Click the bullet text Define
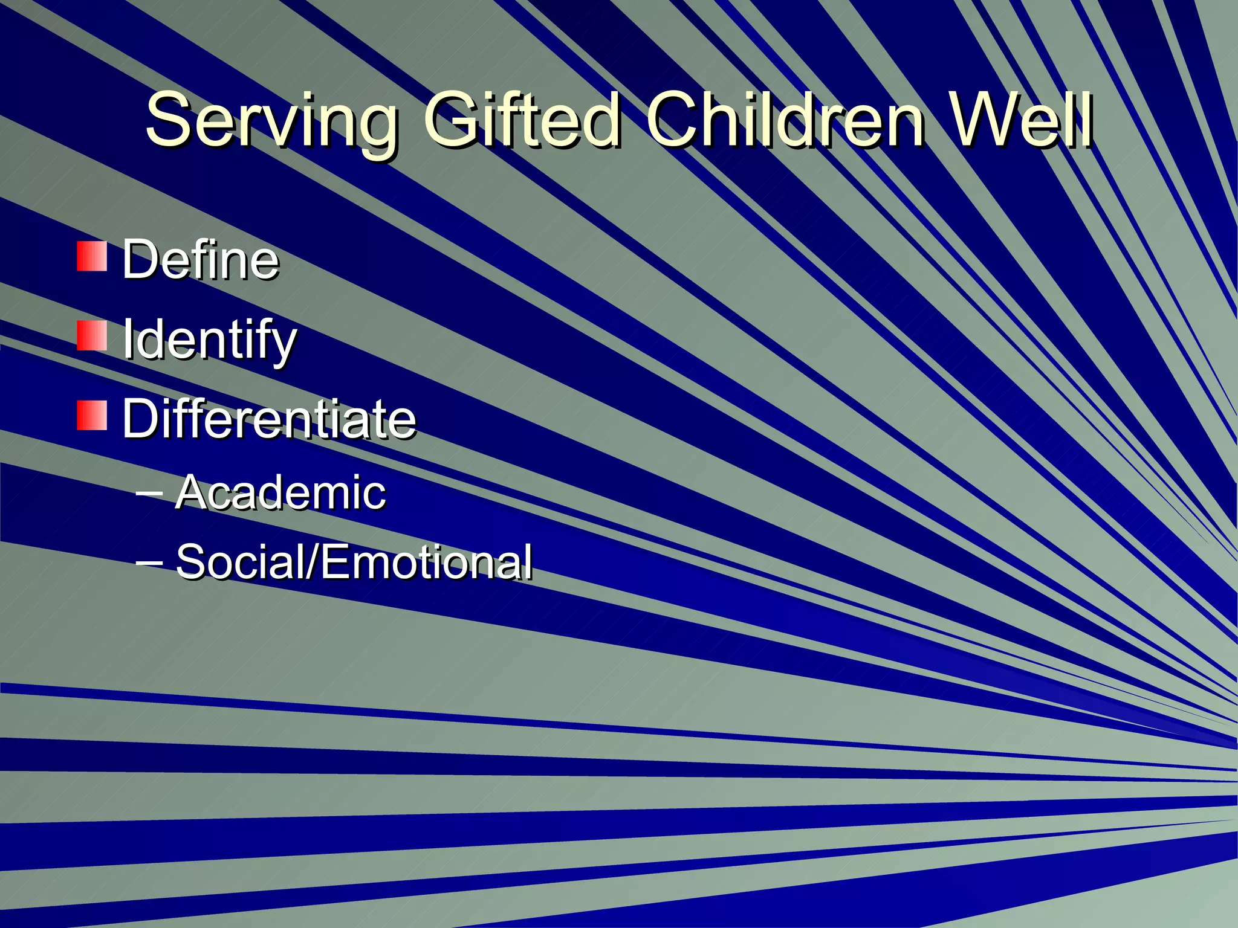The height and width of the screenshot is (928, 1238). (x=200, y=259)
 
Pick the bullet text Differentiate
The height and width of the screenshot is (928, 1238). (x=269, y=419)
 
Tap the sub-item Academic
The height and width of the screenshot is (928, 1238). (x=280, y=492)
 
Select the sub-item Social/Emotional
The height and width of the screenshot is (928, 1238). (x=354, y=561)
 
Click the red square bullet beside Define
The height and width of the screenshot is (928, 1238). (x=92, y=256)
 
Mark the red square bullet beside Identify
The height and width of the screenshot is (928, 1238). (x=92, y=336)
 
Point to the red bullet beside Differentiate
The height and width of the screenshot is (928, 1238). (x=92, y=415)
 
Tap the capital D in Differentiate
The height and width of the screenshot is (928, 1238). (x=141, y=419)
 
